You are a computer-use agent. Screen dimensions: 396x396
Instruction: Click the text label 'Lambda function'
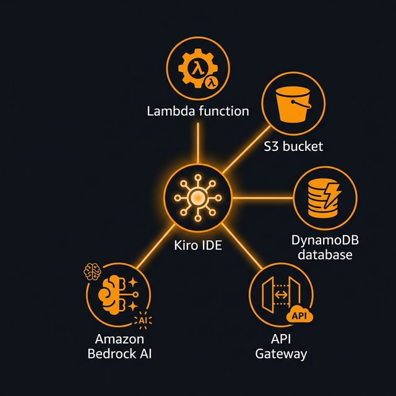coord(197,111)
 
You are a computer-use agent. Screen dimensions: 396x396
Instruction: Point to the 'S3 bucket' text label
coord(293,147)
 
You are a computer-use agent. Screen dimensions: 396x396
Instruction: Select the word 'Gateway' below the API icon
coord(281,354)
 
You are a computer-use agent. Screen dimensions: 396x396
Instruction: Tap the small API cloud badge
coord(299,316)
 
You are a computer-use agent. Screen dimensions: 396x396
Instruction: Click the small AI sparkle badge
coord(143,320)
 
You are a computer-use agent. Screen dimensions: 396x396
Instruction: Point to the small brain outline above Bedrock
coord(92,270)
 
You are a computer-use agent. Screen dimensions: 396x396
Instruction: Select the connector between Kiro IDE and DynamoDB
coord(260,198)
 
